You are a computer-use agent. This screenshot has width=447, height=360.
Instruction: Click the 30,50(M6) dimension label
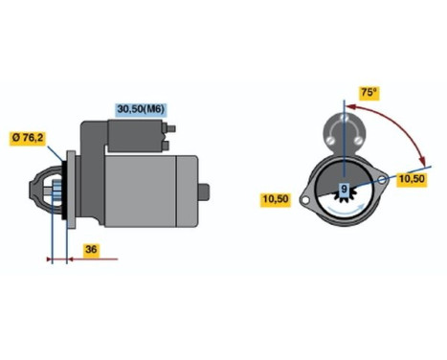click(x=141, y=109)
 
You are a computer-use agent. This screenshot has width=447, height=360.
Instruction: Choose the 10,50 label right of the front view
click(x=412, y=178)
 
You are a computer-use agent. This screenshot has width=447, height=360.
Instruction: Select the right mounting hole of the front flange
click(x=382, y=177)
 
